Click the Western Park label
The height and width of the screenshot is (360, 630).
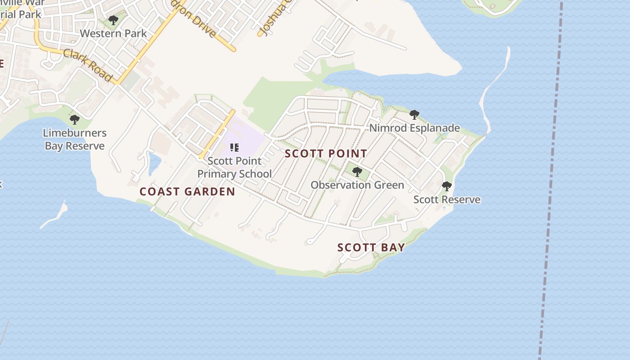(x=113, y=33)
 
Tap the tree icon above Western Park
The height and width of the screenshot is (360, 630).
(x=113, y=20)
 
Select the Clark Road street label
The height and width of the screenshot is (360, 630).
(x=88, y=65)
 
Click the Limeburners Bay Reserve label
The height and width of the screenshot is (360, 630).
(x=75, y=139)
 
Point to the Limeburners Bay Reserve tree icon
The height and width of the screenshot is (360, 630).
(x=75, y=120)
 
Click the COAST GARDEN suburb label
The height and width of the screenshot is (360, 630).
(x=187, y=192)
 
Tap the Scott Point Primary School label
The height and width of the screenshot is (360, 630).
(x=234, y=167)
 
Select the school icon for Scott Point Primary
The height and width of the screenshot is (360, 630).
(x=234, y=148)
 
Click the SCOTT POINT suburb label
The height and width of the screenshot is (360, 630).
(x=326, y=153)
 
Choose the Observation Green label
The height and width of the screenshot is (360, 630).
(x=357, y=185)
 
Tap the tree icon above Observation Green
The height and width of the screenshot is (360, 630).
(x=357, y=172)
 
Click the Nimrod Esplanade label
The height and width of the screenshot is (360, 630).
(x=414, y=128)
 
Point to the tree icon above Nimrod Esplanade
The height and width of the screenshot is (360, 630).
(x=414, y=115)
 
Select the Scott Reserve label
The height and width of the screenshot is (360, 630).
(x=447, y=199)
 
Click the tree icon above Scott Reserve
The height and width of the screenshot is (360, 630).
(x=446, y=186)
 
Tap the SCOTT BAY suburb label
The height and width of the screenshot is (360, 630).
(x=371, y=247)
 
